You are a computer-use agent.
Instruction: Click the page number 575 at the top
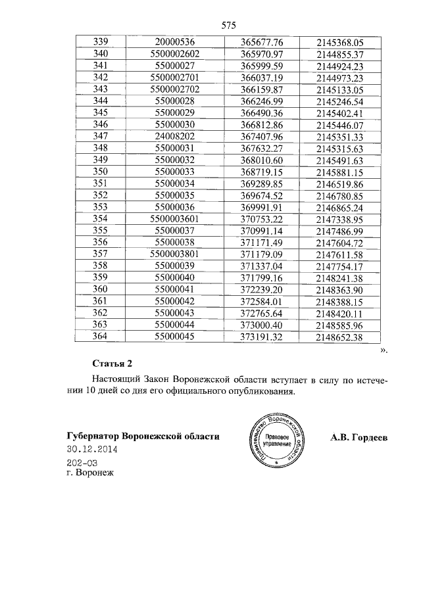coord(229,26)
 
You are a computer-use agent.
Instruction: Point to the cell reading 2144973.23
coord(339,77)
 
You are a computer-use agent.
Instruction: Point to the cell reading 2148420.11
coord(339,313)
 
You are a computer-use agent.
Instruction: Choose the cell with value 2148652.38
coord(339,337)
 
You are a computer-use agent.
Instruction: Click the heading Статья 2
coord(114,364)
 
